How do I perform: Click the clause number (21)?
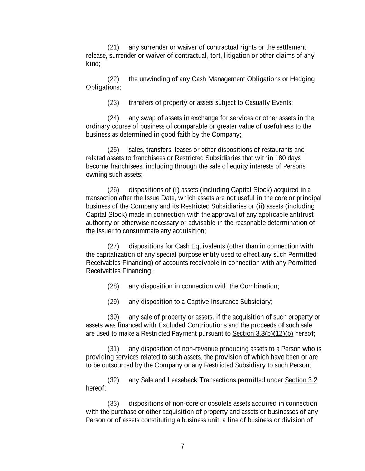click(113, 47)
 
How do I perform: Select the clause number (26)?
click(113, 190)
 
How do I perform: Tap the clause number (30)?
click(113, 317)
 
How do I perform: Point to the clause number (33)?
click(113, 404)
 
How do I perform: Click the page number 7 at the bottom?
click(182, 447)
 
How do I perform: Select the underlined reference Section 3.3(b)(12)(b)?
click(263, 334)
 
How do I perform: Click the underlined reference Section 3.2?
click(301, 380)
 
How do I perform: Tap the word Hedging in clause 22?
click(302, 79)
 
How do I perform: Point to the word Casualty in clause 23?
click(257, 103)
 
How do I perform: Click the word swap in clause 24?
click(148, 118)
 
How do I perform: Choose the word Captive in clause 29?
click(198, 302)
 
